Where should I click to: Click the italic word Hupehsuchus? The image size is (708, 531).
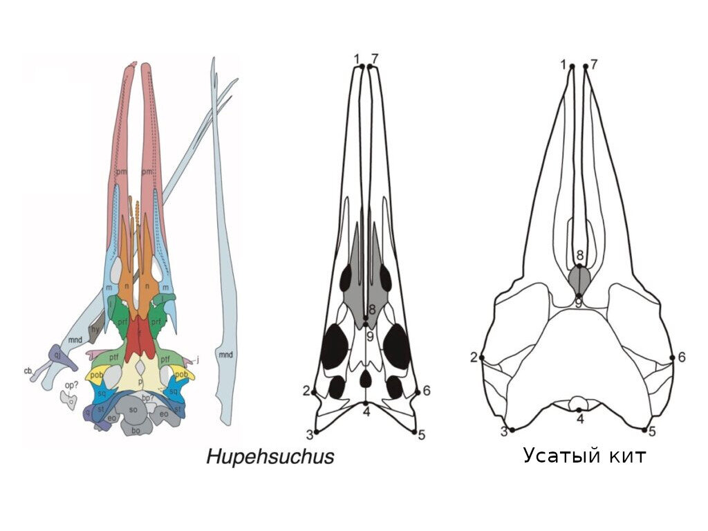[x=270, y=456]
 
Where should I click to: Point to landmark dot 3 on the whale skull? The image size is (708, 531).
[x=512, y=429]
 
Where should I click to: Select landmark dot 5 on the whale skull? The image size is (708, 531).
[x=644, y=429]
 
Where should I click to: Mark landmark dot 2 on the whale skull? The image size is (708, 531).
[x=482, y=357]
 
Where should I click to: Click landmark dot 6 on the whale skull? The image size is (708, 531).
[x=673, y=357]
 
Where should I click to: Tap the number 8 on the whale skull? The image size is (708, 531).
[x=580, y=256]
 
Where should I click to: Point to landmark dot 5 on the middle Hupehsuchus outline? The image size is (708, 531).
[x=414, y=431]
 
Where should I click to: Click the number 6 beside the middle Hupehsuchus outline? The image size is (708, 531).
[x=427, y=391]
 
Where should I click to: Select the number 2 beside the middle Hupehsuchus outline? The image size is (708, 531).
[x=306, y=391]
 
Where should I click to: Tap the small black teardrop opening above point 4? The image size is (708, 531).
[x=365, y=378]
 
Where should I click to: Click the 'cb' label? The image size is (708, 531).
[x=28, y=371]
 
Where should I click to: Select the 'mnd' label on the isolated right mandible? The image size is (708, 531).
[x=225, y=355]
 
